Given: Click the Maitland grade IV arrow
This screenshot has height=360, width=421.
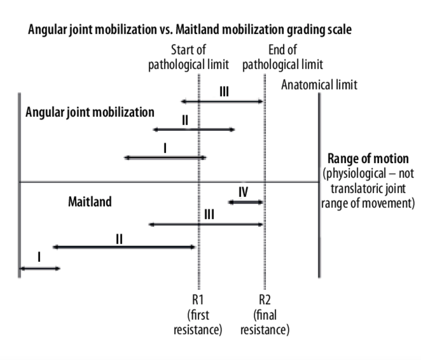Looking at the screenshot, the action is (x=246, y=203).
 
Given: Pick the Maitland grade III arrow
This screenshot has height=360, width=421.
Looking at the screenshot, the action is (x=206, y=224).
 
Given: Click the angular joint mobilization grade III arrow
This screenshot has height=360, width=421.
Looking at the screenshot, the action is (x=222, y=102).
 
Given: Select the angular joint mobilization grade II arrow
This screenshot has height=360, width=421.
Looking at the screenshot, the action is (x=194, y=130).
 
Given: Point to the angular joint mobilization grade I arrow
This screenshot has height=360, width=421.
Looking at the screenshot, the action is (x=166, y=157).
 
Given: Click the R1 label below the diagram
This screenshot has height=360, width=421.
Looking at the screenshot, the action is (x=198, y=300).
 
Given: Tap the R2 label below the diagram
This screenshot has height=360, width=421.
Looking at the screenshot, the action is (x=265, y=300).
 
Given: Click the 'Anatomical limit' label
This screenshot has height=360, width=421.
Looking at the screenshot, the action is (x=319, y=85).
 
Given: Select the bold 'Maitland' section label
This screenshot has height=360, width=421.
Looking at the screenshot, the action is (x=90, y=202).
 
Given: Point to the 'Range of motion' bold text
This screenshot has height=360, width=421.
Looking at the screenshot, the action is (x=368, y=159).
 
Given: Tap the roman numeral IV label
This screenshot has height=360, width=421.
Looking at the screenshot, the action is (x=243, y=192).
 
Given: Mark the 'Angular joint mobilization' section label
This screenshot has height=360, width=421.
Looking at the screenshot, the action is (x=90, y=113).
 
